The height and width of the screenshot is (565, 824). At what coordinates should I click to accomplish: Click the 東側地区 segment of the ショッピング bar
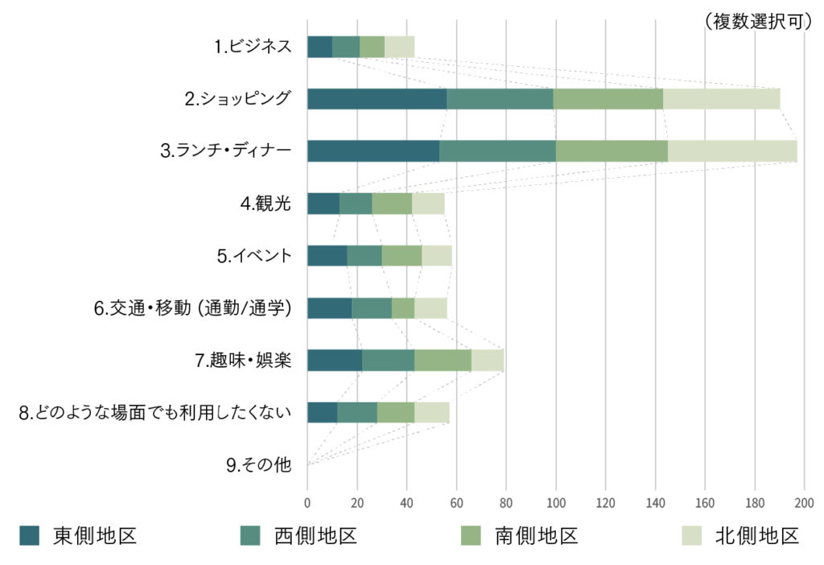click(x=377, y=98)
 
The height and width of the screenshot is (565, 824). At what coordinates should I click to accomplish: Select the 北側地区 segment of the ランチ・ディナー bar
click(x=732, y=151)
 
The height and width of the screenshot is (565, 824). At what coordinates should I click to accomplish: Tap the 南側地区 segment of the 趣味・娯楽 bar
click(x=443, y=361)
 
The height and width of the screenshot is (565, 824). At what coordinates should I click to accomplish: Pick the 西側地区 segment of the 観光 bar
click(x=356, y=204)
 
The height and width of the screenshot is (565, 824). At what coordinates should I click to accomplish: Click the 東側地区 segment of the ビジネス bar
click(x=319, y=47)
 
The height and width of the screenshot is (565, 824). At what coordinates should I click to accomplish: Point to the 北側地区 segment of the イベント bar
click(x=437, y=256)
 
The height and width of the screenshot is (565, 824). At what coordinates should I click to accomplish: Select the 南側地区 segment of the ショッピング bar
click(x=608, y=98)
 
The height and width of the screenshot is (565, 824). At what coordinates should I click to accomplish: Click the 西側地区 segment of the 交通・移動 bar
click(x=372, y=308)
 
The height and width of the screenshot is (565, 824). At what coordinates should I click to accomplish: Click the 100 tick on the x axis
click(x=556, y=503)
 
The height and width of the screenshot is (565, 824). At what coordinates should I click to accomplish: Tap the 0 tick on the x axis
click(x=307, y=503)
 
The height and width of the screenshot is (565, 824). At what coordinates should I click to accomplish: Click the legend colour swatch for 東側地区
click(x=30, y=535)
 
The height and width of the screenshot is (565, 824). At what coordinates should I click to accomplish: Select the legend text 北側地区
click(x=757, y=535)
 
